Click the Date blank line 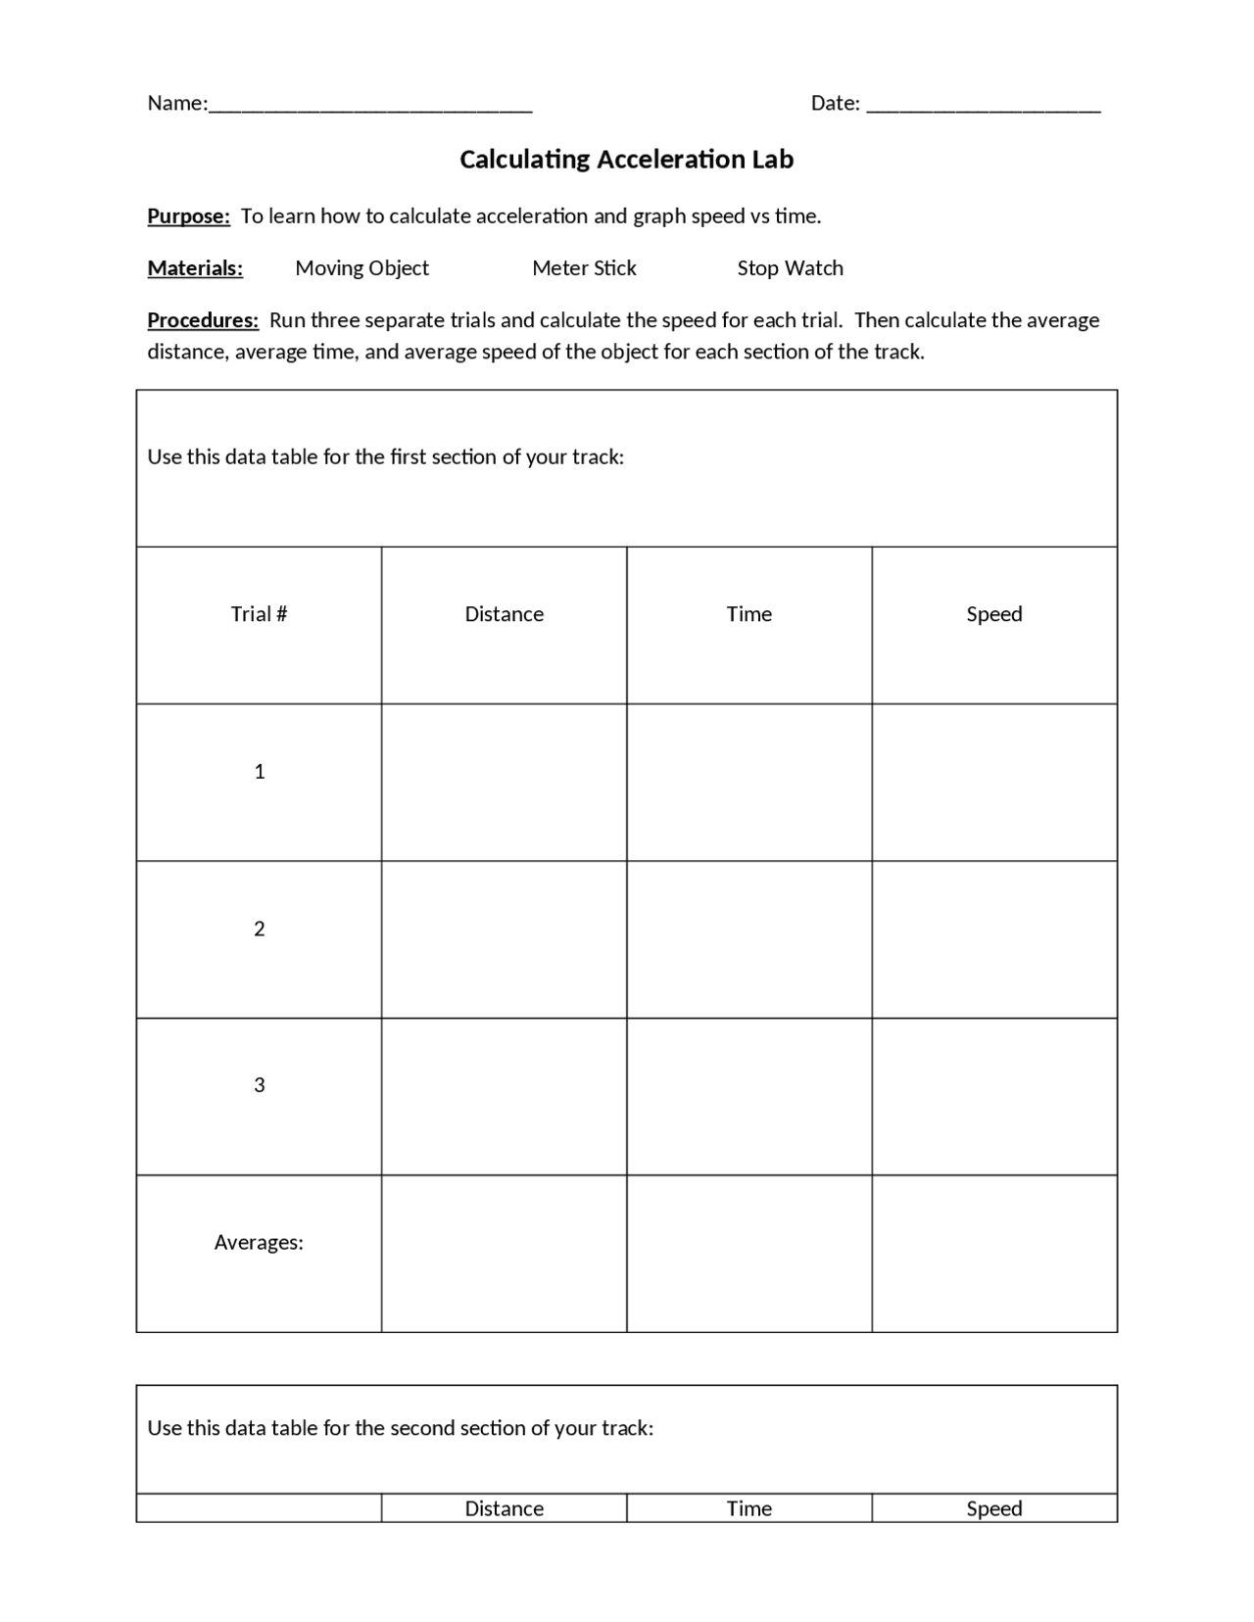point(984,106)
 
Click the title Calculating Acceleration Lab point(626,160)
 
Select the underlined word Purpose point(188,216)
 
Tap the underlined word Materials point(195,268)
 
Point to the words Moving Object point(362,268)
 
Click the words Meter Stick point(584,268)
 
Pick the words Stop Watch point(790,268)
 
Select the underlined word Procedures point(203,320)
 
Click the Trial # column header point(259,614)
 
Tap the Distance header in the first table point(504,614)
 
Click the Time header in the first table point(748,614)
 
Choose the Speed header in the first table point(993,614)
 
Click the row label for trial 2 point(259,929)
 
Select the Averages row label point(259,1243)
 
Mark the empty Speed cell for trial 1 point(993,782)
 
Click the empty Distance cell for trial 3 point(504,1096)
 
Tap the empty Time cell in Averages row point(748,1253)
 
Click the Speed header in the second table point(993,1508)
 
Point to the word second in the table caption point(422,1428)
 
